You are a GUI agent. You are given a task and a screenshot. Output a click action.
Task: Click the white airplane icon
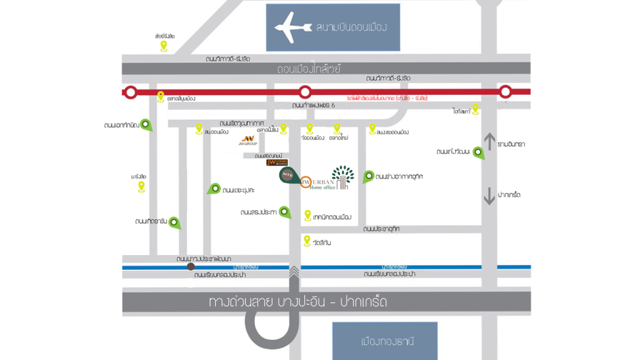(x=292, y=27)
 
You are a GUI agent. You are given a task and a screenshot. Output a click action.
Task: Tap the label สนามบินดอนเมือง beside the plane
(x=352, y=27)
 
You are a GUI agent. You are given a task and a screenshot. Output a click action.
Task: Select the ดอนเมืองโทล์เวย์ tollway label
(x=309, y=69)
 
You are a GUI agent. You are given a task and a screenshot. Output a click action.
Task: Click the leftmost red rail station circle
(x=130, y=92)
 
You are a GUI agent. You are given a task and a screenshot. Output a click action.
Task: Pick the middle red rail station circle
(x=304, y=92)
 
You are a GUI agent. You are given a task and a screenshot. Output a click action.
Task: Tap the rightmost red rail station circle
(x=505, y=92)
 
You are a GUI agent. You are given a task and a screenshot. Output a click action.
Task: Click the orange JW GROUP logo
(x=249, y=139)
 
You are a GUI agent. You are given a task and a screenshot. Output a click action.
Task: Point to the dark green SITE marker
(x=287, y=176)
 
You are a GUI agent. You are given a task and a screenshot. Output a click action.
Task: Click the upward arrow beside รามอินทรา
(x=489, y=142)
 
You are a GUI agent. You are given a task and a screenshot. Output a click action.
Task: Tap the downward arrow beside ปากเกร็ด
(x=489, y=196)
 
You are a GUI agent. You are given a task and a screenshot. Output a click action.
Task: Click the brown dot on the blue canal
(x=191, y=266)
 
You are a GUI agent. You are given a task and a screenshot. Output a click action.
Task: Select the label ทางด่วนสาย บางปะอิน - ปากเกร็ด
(x=298, y=302)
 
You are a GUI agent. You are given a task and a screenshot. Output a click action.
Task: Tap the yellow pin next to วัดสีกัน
(x=307, y=240)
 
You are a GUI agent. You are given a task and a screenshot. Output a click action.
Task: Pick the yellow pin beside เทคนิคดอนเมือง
(x=307, y=215)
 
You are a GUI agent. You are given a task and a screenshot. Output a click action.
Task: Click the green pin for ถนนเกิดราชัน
(x=175, y=222)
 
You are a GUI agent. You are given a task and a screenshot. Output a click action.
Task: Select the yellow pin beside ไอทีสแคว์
(x=475, y=109)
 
